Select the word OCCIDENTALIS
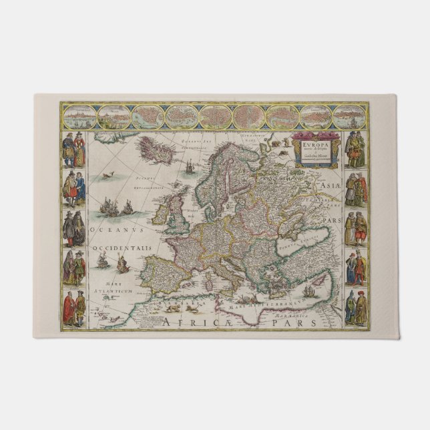point(124,248)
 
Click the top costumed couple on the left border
point(74,150)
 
